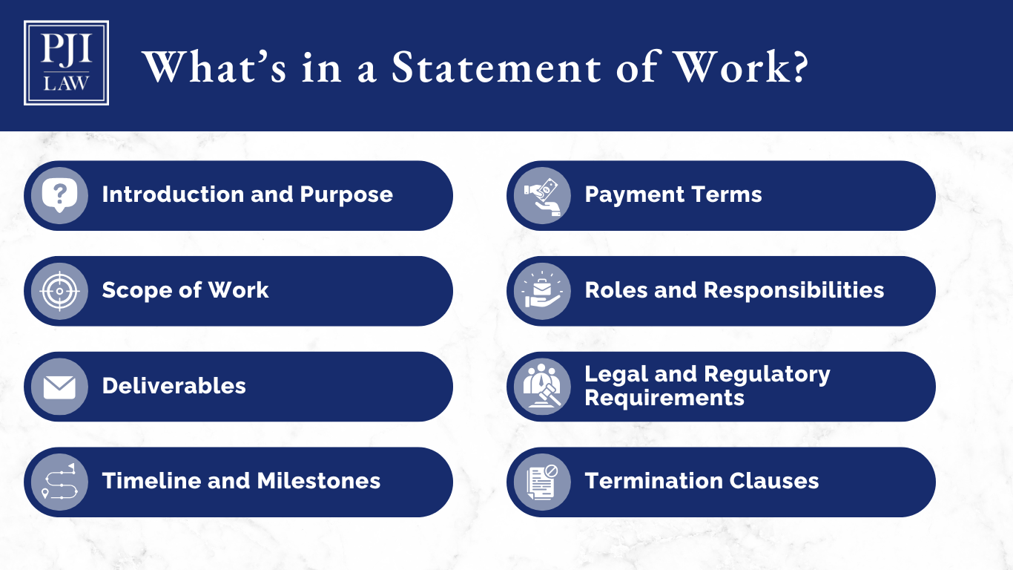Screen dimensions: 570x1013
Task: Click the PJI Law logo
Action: coord(66,63)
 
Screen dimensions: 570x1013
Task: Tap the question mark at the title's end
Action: coord(796,67)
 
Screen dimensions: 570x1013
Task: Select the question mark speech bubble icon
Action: coord(59,195)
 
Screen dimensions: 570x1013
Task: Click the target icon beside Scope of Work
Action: coord(59,291)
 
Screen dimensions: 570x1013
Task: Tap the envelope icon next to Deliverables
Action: coord(59,387)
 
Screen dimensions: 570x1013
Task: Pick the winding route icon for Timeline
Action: coord(59,482)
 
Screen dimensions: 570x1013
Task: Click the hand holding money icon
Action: coord(542,195)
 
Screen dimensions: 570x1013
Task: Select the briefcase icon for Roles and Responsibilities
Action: coord(542,291)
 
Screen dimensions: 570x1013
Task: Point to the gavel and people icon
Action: coord(542,387)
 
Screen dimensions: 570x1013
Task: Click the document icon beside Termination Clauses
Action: coord(542,482)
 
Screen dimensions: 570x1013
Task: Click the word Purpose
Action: coord(346,194)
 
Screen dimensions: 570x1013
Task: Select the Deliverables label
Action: coord(174,386)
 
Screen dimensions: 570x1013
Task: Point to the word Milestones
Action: coord(319,481)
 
